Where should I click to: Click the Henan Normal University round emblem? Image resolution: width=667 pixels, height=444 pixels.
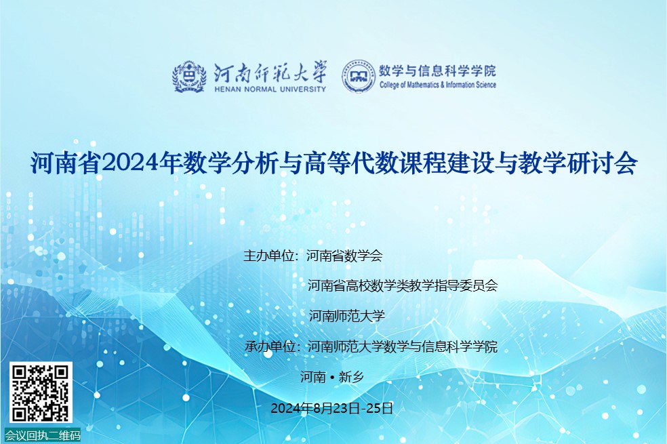point(189,77)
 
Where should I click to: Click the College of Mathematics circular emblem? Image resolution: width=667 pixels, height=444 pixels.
point(359,77)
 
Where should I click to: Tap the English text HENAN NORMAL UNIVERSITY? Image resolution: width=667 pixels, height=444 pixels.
point(270,89)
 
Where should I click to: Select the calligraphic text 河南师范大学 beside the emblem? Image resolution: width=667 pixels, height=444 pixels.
point(270,72)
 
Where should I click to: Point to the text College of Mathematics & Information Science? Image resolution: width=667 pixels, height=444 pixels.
point(438,85)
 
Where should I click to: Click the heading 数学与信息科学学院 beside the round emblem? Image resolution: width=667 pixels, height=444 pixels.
point(437,70)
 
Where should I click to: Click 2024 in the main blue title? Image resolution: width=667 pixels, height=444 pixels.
point(129,163)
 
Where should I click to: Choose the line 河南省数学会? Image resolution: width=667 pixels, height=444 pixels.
point(344,256)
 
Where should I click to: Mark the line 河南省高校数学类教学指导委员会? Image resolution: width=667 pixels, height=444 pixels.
point(403,285)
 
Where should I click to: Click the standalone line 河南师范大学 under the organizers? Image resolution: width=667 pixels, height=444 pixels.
point(346,316)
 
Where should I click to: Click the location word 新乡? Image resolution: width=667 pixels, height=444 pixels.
point(351,377)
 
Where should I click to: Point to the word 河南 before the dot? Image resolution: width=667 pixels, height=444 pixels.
point(313,377)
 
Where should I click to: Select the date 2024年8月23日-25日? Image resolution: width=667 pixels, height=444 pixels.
point(331,408)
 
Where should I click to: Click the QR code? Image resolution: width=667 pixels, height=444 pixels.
point(41,392)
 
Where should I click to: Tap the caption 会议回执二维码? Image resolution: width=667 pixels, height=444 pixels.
point(43,435)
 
